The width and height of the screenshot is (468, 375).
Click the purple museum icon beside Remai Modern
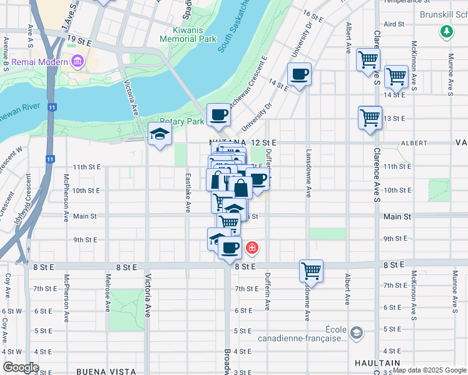[x=77, y=61]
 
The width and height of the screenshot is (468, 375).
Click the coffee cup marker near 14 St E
[x=299, y=75]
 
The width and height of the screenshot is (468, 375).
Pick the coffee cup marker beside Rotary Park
[x=218, y=115]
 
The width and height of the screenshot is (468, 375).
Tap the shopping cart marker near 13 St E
[x=370, y=117]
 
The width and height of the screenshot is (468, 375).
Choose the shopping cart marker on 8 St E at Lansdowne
[x=311, y=271]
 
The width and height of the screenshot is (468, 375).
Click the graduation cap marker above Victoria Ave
[x=160, y=134]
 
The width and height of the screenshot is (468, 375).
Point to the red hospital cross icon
[x=252, y=248]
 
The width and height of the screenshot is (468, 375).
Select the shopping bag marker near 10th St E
[x=240, y=187]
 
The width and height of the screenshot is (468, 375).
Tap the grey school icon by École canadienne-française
[x=356, y=332]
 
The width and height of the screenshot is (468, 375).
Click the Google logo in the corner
[x=20, y=367]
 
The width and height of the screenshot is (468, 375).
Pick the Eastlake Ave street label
[x=187, y=192]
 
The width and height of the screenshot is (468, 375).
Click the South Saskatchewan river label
[x=234, y=28]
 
